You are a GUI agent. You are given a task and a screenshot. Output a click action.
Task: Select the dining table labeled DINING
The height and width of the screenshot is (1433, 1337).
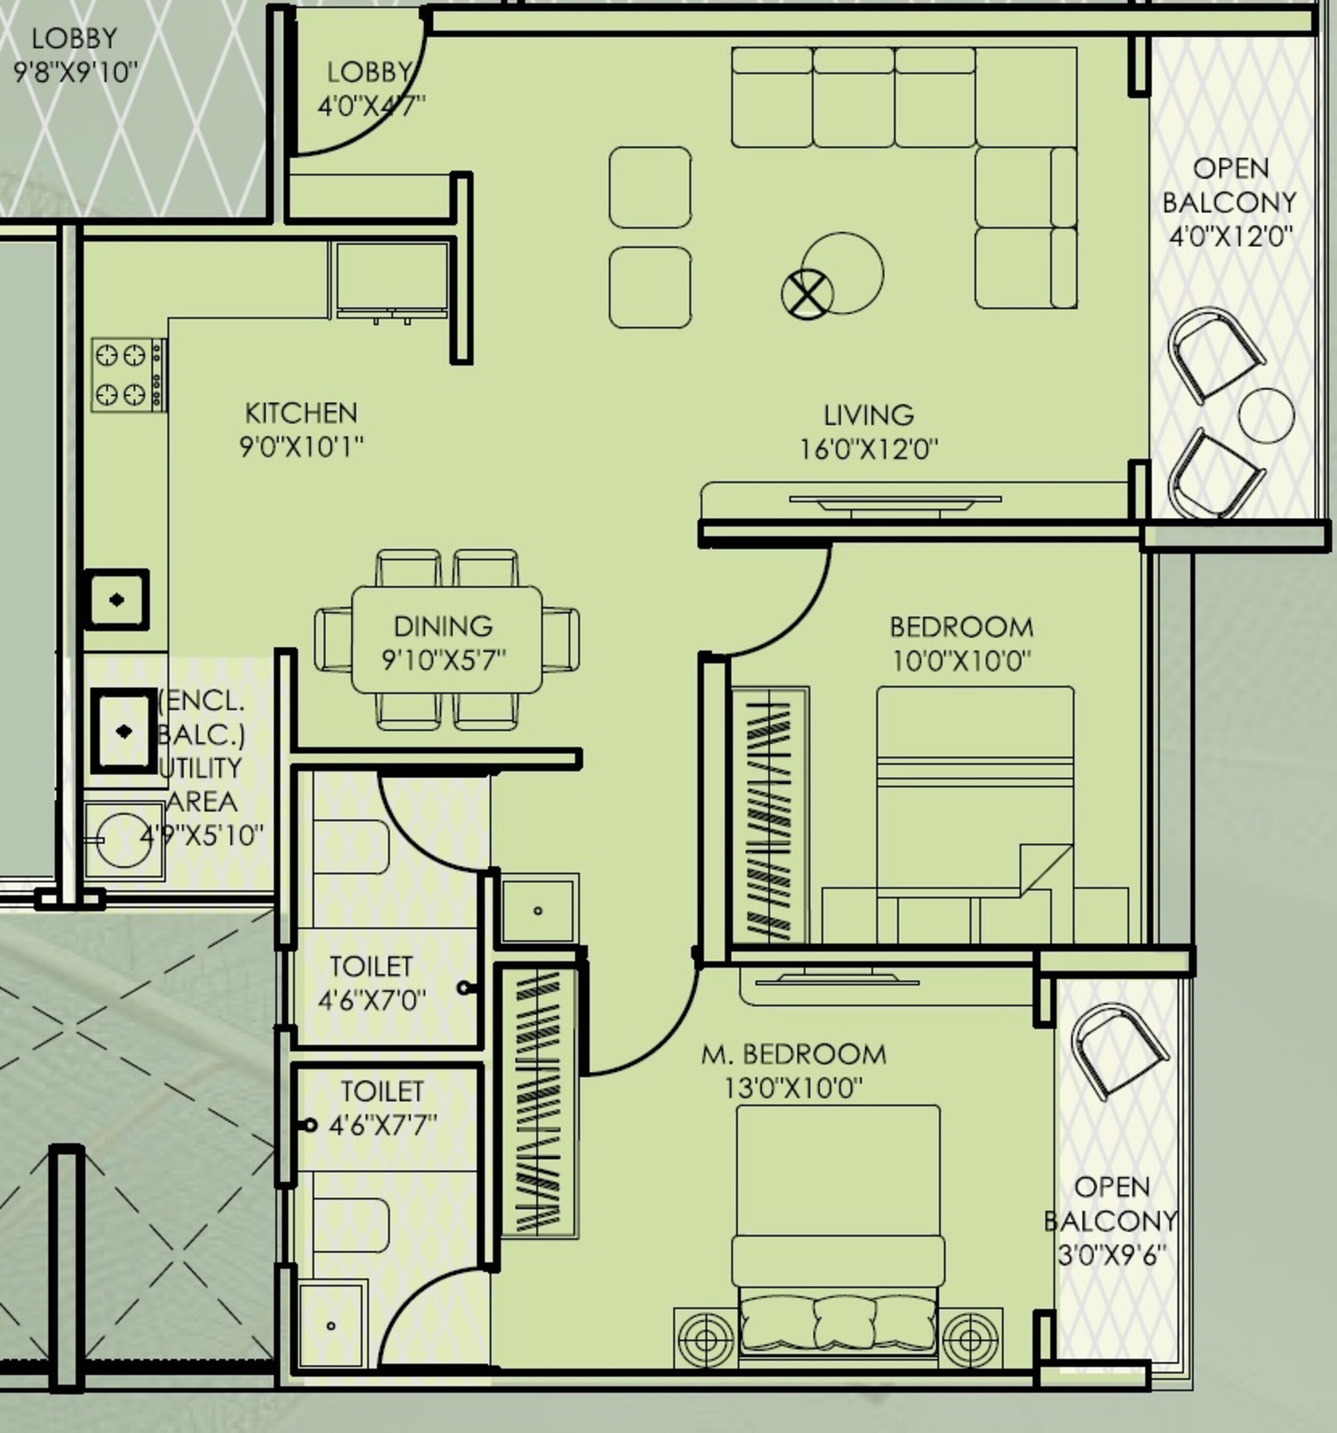tap(446, 640)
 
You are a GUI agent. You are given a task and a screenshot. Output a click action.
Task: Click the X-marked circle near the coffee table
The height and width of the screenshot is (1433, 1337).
tap(807, 293)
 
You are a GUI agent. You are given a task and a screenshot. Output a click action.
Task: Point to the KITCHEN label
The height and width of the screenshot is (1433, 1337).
tap(301, 413)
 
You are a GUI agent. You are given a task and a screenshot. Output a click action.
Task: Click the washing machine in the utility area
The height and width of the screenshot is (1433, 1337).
tap(123, 840)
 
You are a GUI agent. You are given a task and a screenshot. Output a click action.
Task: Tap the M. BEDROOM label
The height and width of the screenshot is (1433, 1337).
tap(793, 1055)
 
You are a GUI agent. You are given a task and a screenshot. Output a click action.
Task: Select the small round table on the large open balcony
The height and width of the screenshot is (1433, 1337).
tap(1266, 416)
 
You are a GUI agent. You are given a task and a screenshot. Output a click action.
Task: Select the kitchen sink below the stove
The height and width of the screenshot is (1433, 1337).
tap(117, 600)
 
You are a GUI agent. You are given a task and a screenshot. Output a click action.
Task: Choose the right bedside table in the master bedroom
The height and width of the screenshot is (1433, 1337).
tap(970, 1338)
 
